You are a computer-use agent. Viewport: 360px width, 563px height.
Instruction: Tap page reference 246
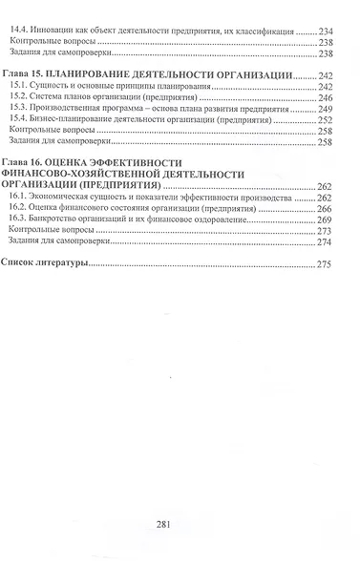pos(332,96)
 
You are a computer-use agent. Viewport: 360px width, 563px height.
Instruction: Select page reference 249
pos(332,108)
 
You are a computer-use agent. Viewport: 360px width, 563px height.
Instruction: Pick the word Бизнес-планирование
pos(79,119)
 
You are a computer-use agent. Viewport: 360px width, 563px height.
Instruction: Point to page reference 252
pos(332,119)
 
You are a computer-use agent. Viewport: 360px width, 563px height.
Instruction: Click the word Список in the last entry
pos(22,261)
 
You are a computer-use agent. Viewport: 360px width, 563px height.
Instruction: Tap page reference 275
pos(332,262)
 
